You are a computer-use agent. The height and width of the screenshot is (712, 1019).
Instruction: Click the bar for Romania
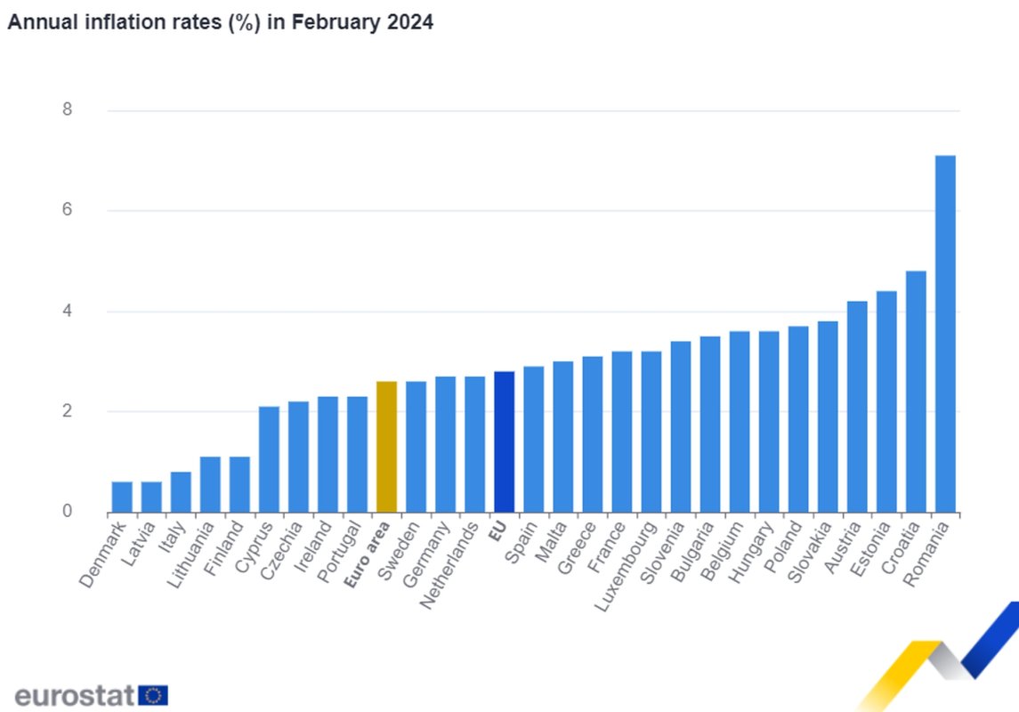pyautogui.click(x=945, y=334)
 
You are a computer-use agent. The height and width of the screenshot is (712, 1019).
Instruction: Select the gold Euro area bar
pyautogui.click(x=386, y=447)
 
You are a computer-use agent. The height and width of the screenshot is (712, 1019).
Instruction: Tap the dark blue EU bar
pyautogui.click(x=504, y=441)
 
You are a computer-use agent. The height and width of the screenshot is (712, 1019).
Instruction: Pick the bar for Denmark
pyautogui.click(x=122, y=497)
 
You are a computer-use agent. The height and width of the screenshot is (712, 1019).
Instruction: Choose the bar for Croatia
pyautogui.click(x=916, y=392)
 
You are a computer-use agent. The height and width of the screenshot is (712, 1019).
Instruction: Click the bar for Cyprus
pyautogui.click(x=269, y=459)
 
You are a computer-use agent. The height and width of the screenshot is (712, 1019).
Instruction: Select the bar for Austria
pyautogui.click(x=857, y=407)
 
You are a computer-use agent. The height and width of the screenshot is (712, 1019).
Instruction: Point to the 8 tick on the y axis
pyautogui.click(x=66, y=110)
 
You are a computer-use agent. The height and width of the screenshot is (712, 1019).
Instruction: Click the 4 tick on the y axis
pyautogui.click(x=66, y=311)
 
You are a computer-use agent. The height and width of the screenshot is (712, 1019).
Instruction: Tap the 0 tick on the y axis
pyautogui.click(x=66, y=512)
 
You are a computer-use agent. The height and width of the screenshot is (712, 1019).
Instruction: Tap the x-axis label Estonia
pyautogui.click(x=869, y=553)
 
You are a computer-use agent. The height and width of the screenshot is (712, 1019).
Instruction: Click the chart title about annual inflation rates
pyautogui.click(x=220, y=23)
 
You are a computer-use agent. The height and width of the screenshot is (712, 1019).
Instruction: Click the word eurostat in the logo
pyautogui.click(x=75, y=694)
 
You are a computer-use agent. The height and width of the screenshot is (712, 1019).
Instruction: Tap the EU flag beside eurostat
pyautogui.click(x=153, y=695)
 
